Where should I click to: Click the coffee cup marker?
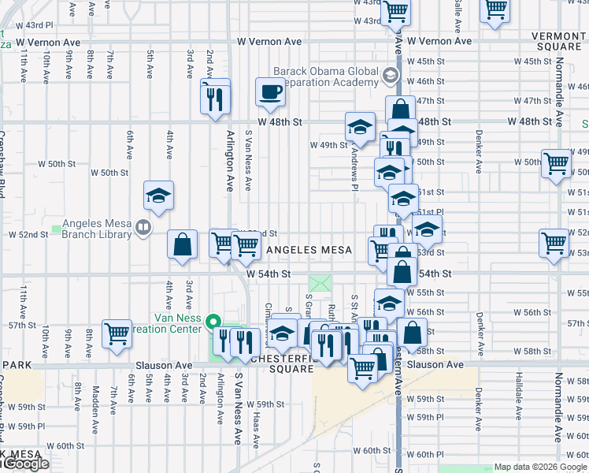(x=270, y=91)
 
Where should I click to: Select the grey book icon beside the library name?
(x=143, y=228)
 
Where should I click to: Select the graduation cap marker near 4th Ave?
(x=158, y=196)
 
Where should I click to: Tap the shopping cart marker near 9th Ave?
(x=117, y=334)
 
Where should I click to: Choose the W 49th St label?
(x=328, y=145)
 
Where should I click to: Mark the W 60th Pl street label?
(x=429, y=455)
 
